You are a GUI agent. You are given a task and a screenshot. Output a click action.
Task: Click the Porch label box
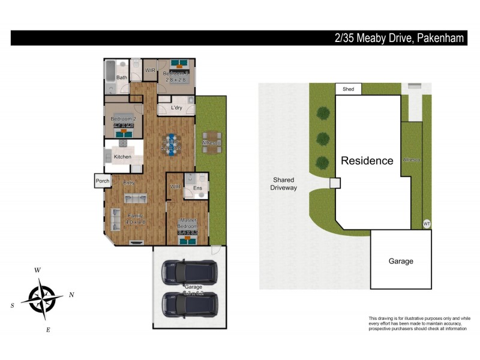click(102, 181)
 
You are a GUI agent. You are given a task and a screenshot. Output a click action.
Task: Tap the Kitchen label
click(122, 157)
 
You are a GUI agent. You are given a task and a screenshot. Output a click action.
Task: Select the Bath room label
click(122, 77)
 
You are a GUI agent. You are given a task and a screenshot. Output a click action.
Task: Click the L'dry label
click(176, 108)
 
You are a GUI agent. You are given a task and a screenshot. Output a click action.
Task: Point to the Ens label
click(197, 188)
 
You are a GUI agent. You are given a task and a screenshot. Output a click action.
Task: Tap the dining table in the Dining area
click(172, 145)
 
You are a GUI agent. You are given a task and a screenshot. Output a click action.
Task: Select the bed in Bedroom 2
click(123, 129)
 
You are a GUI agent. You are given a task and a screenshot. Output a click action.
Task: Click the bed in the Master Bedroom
click(188, 236)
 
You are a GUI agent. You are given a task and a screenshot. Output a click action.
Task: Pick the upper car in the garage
click(190, 272)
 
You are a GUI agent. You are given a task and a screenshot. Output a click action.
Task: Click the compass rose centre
click(42, 298)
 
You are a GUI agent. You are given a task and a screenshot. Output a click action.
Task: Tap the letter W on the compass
click(37, 271)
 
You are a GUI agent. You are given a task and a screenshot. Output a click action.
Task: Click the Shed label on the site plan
click(349, 89)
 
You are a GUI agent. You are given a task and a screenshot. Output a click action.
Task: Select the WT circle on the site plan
click(427, 223)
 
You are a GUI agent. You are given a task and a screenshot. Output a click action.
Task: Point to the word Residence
click(367, 161)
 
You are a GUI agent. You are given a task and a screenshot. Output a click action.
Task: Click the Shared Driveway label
click(284, 184)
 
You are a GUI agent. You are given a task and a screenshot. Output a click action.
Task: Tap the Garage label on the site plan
click(401, 261)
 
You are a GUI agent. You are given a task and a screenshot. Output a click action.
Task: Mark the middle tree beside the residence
click(323, 137)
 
